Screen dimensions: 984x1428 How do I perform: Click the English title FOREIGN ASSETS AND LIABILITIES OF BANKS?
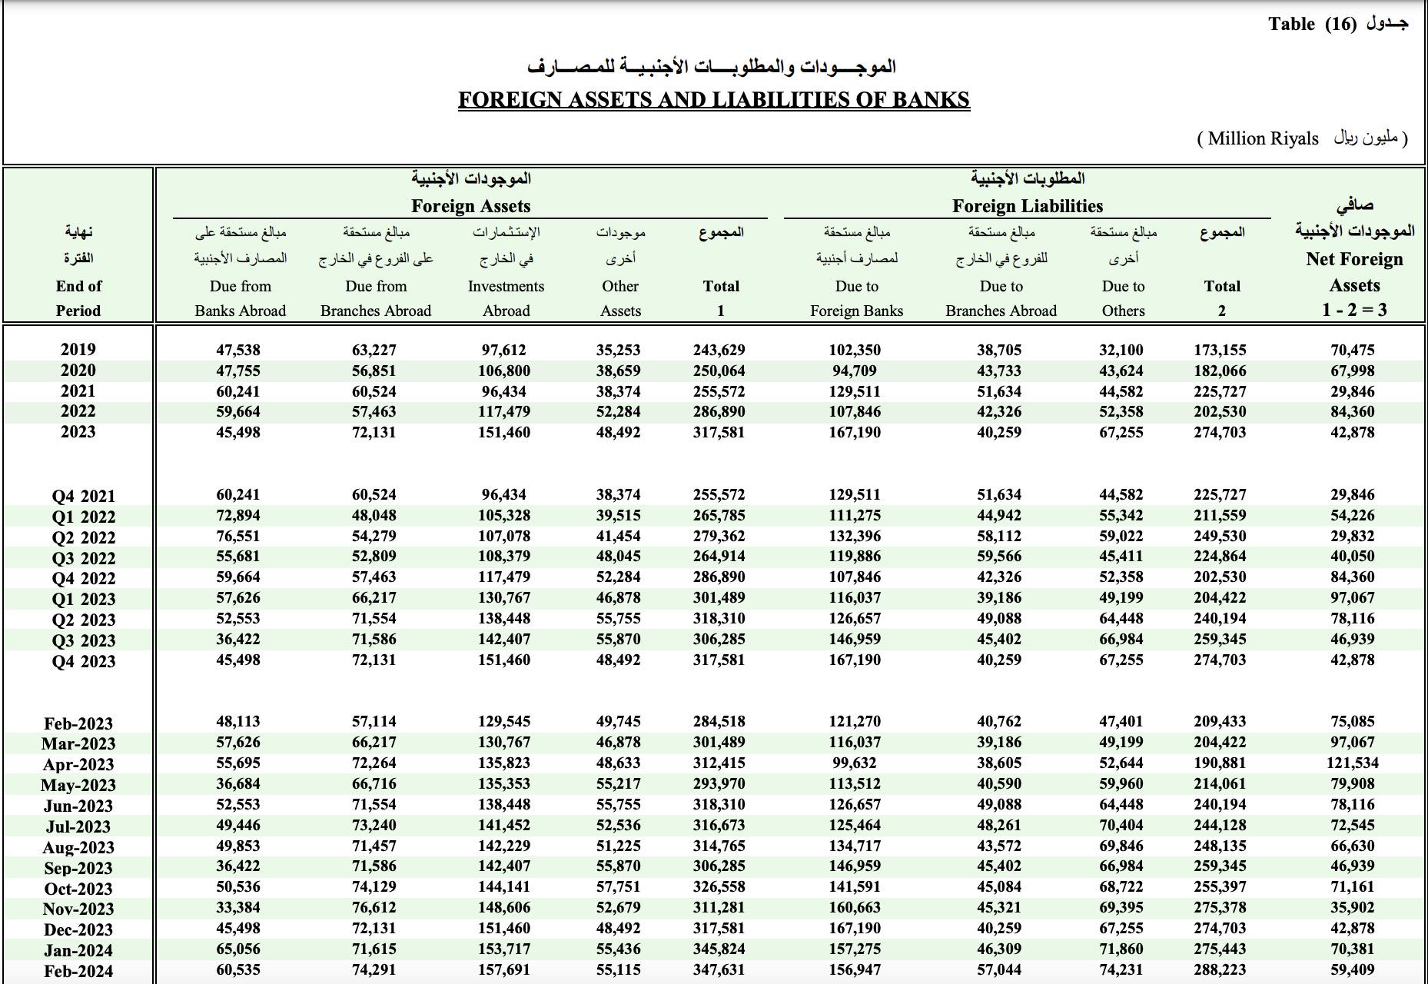tap(713, 100)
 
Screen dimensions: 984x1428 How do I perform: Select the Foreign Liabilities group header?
tap(1027, 206)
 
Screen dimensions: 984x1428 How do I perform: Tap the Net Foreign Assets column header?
tap(1354, 272)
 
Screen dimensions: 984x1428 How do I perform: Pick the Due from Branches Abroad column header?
tap(375, 298)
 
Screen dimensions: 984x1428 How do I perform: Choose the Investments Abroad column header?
tap(506, 298)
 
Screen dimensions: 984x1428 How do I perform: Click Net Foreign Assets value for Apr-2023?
tap(1352, 763)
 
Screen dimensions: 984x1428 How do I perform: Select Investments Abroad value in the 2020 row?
tap(503, 371)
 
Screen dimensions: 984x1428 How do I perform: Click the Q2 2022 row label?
tap(83, 537)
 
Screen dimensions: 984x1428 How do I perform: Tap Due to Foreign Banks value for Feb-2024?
tap(855, 970)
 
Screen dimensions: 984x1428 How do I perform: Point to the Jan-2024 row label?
tap(78, 950)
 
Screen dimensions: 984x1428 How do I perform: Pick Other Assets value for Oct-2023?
tap(618, 887)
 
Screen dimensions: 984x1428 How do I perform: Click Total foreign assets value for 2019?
tap(719, 350)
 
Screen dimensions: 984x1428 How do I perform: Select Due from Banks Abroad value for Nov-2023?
tap(237, 908)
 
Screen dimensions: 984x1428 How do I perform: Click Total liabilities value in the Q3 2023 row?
tap(1220, 640)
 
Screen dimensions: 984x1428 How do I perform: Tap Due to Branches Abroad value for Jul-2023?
tap(999, 826)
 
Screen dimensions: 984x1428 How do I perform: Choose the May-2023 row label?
tap(78, 785)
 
